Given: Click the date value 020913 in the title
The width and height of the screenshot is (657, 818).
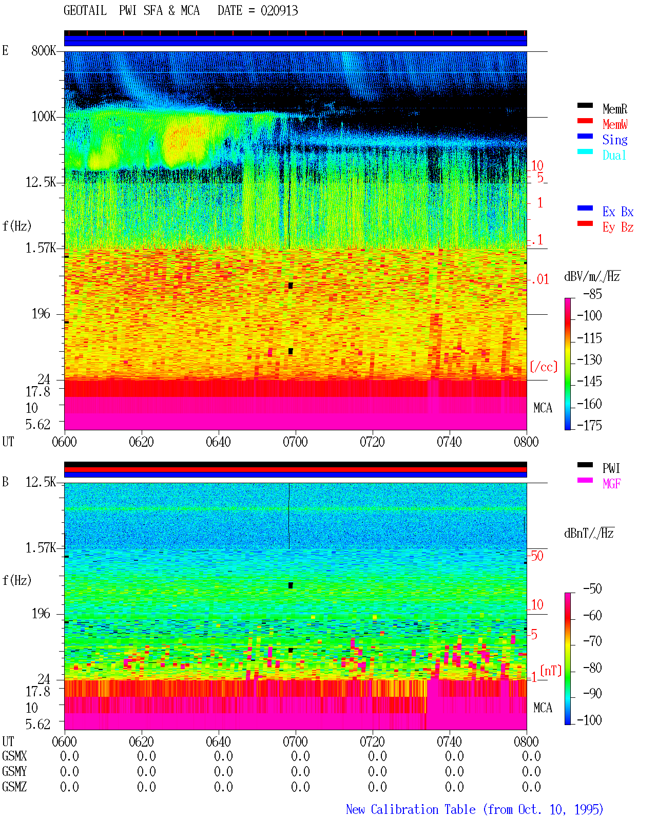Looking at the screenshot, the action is (279, 11).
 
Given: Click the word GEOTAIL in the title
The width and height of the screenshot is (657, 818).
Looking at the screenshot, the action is (85, 11).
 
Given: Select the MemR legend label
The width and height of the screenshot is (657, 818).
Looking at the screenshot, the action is (615, 109).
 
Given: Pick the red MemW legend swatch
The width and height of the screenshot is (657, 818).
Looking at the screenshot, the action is (585, 121).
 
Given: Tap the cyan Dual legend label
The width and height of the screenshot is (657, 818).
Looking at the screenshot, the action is (614, 155).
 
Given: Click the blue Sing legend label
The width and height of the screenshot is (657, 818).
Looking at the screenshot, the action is (615, 140).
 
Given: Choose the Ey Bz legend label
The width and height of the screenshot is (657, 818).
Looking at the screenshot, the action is (618, 227).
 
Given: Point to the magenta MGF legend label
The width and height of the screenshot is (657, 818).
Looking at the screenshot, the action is (611, 484).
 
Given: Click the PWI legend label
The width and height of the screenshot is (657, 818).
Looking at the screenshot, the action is (611, 468).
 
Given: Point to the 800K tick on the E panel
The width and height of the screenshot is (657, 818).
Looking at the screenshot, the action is (44, 50).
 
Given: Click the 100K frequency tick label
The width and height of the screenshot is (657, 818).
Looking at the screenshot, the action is (44, 117).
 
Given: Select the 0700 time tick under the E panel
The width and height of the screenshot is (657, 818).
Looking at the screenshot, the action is (295, 442).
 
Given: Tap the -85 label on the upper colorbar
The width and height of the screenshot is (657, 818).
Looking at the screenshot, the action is (592, 294).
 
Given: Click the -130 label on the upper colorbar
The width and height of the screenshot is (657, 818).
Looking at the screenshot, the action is (589, 359).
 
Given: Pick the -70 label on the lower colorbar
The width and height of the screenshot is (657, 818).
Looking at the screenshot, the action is (592, 641).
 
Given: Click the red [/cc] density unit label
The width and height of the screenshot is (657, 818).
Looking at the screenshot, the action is (544, 367).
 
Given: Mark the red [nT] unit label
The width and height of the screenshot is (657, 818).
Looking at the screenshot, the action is (551, 671).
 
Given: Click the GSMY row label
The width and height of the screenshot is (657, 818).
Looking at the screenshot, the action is (14, 771).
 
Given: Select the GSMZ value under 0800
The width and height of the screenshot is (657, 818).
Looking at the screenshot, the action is (531, 787).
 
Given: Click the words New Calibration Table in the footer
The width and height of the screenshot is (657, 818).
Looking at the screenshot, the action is (411, 809).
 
